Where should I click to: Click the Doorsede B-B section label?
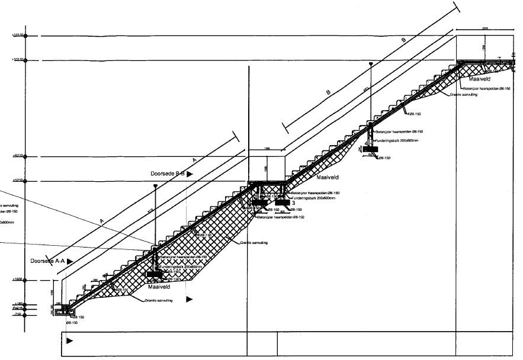click(x=168, y=173)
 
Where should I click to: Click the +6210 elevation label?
click(x=17, y=156)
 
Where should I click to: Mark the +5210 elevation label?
click(x=17, y=181)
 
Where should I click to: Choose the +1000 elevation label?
click(x=17, y=280)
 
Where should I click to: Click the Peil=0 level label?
click(x=17, y=309)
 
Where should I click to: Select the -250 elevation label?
click(x=17, y=315)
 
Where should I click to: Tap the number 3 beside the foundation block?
click(x=293, y=203)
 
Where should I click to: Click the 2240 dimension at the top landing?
click(x=485, y=28)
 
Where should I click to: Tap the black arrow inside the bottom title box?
click(x=70, y=340)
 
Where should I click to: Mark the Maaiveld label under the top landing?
click(x=480, y=78)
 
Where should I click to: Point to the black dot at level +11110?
click(x=27, y=36)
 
